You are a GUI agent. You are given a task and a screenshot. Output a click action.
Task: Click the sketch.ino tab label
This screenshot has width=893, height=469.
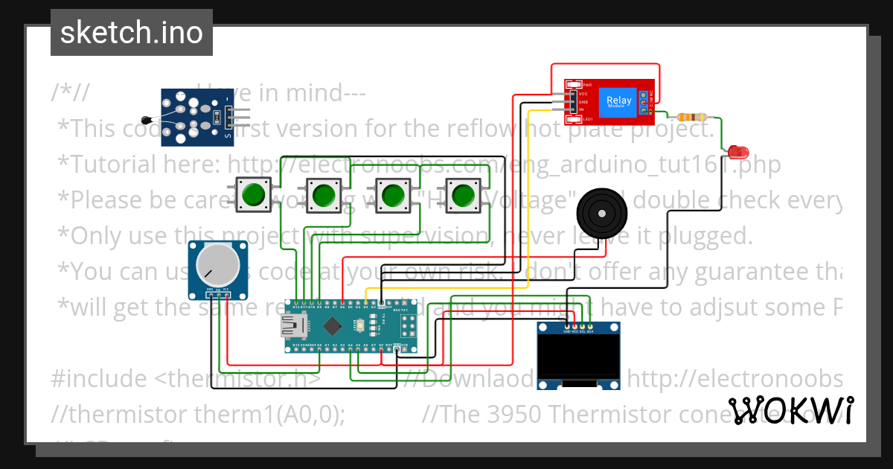pyautogui.click(x=131, y=33)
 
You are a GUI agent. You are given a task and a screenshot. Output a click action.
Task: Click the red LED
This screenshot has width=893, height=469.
pyautogui.click(x=738, y=152)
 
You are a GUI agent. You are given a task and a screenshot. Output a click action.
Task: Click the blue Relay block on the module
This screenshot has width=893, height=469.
pyautogui.click(x=618, y=101)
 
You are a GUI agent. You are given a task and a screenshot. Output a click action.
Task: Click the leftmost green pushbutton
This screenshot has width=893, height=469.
pyautogui.click(x=253, y=194)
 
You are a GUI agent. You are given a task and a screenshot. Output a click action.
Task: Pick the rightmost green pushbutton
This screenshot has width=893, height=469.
pyautogui.click(x=464, y=194)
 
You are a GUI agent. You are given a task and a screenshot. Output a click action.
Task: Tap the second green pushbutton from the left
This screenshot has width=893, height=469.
pyautogui.click(x=322, y=196)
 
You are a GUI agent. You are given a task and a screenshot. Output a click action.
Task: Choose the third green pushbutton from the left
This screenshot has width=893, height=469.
pyautogui.click(x=393, y=196)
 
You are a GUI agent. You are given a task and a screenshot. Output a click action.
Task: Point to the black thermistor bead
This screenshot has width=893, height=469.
pyautogui.click(x=146, y=119)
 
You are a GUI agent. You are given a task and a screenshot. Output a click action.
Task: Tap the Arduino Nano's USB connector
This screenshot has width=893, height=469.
pyautogui.click(x=291, y=325)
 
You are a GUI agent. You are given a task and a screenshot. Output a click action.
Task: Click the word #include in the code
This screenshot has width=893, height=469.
pyautogui.click(x=99, y=379)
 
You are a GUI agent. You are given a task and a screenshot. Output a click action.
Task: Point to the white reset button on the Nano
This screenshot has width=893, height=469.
pyautogui.click(x=360, y=325)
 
